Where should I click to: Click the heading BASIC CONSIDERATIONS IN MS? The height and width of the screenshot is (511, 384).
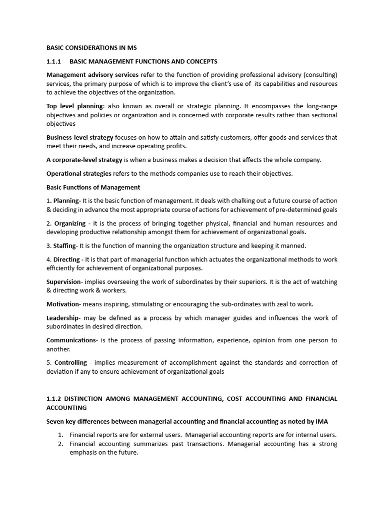tap(91, 48)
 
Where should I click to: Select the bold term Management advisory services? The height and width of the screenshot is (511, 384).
tap(92, 75)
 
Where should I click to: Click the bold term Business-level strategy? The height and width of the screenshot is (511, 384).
tap(80, 137)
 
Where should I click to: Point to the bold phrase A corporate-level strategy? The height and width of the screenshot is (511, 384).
tap(84, 160)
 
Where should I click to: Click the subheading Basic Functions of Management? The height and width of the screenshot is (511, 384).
tap(93, 187)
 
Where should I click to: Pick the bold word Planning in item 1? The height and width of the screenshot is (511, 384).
tap(66, 201)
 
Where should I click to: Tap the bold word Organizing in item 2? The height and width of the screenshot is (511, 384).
tap(70, 223)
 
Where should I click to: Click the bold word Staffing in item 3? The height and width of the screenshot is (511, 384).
tap(64, 246)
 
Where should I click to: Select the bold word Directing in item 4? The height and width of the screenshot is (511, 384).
tap(66, 259)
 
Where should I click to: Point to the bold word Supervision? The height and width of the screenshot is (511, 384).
tap(63, 282)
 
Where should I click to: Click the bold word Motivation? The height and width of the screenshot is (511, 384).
tap(62, 304)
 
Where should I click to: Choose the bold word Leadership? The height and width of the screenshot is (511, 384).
tap(62, 318)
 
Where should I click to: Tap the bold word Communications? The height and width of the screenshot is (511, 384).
tap(71, 340)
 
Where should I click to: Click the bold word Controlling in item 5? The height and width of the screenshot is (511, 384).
tap(70, 362)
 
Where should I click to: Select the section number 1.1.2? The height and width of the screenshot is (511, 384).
tap(54, 398)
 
